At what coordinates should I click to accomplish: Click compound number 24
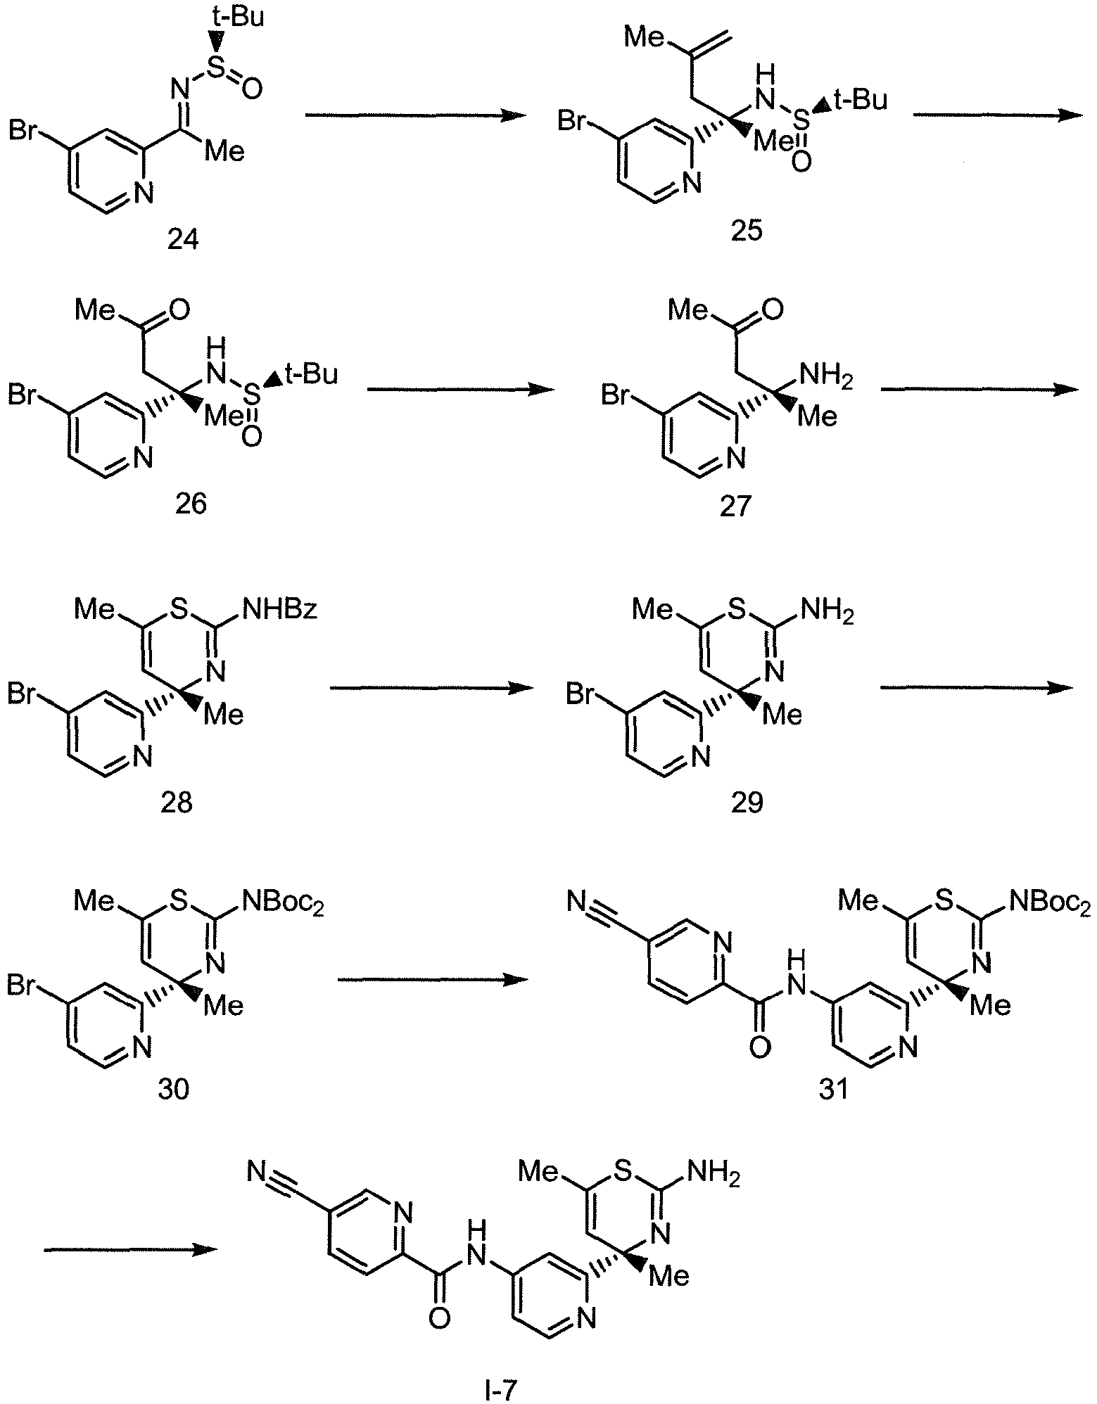[183, 240]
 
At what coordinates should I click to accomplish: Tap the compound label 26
[191, 505]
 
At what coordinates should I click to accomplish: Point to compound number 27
[735, 505]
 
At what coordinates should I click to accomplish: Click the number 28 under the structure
[177, 802]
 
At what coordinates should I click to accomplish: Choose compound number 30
[174, 1090]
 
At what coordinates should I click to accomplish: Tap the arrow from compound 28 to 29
[431, 689]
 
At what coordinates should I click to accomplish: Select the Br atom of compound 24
[25, 131]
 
